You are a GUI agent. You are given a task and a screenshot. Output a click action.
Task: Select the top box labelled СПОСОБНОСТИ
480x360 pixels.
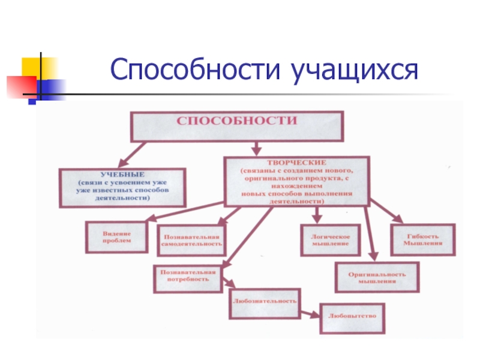236,125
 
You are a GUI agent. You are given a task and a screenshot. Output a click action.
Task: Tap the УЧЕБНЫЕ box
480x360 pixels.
122,188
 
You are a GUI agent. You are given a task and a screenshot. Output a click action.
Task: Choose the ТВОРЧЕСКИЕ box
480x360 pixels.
296,182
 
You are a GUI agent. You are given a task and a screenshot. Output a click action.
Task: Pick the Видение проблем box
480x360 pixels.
116,236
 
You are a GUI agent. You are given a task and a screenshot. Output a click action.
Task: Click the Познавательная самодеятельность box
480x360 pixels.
191,240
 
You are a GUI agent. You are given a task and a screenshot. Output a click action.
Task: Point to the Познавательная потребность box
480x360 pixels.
187,278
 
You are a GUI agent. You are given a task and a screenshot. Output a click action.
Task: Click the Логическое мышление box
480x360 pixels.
329,239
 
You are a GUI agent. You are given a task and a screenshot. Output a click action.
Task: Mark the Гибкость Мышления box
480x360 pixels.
422,239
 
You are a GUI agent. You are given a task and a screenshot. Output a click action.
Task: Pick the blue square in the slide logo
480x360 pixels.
53,87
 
